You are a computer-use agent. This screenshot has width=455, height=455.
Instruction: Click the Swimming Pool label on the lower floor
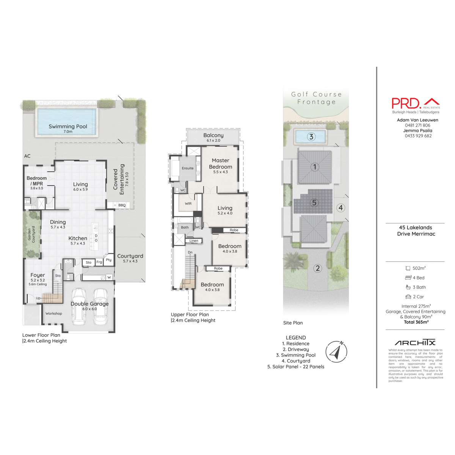pos(68,127)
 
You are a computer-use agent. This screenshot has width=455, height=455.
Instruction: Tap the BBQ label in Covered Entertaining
pos(122,205)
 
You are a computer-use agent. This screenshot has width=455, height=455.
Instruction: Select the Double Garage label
pos(89,304)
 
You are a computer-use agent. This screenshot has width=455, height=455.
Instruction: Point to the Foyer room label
pos(38,275)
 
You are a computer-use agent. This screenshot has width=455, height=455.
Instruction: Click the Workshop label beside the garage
pos(53,314)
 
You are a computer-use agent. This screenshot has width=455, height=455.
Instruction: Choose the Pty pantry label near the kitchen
pos(109,260)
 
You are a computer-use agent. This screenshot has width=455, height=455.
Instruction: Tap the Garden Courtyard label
pos(31,234)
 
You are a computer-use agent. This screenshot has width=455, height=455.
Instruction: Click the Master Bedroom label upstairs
pos(220,163)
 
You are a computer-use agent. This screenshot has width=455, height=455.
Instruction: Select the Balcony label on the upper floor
pos(213,135)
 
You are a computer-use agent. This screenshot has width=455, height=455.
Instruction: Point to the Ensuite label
pos(188,168)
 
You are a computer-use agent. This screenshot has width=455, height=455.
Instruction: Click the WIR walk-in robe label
pos(188,204)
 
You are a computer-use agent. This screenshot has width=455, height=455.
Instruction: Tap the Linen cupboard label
pos(194,241)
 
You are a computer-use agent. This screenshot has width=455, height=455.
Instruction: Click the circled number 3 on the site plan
pos(311,137)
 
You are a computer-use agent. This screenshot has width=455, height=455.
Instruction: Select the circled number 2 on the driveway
pos(318,268)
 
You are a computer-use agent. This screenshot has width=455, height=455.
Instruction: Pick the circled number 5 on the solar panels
pos(314,202)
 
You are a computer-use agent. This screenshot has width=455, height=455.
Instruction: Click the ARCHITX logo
pos(415,342)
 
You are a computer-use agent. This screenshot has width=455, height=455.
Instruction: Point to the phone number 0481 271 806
pos(417,125)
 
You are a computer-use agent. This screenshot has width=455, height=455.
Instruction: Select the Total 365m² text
pos(416,322)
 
